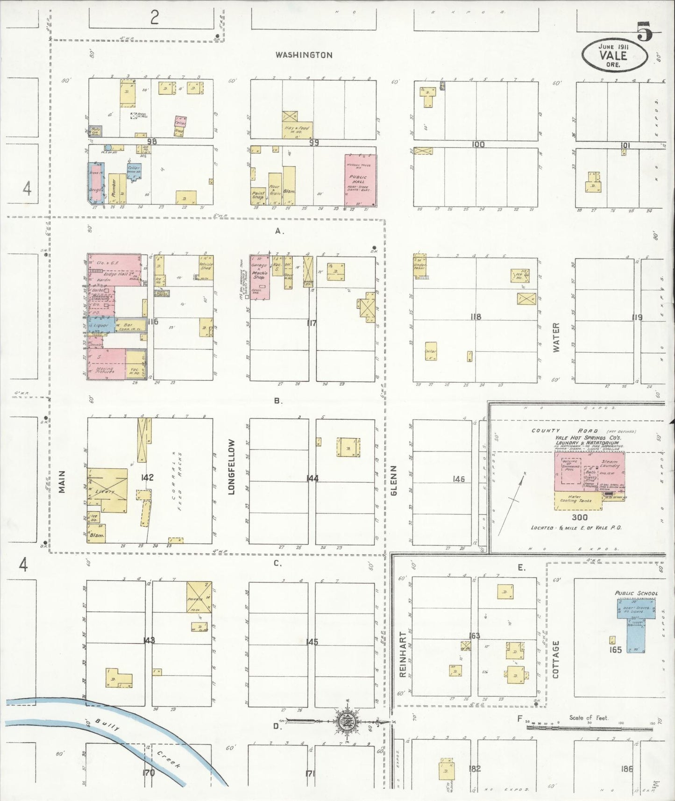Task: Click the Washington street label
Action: click(x=304, y=55)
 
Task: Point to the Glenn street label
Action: click(x=393, y=480)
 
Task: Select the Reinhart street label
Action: click(x=403, y=654)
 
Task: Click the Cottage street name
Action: click(x=555, y=659)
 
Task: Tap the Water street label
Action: click(x=556, y=337)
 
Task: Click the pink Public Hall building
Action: click(x=360, y=180)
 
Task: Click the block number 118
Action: click(x=476, y=317)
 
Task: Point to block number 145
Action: click(x=312, y=642)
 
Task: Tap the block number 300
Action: click(x=580, y=517)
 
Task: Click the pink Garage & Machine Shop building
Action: click(x=259, y=277)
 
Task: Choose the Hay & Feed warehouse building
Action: click(x=297, y=126)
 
